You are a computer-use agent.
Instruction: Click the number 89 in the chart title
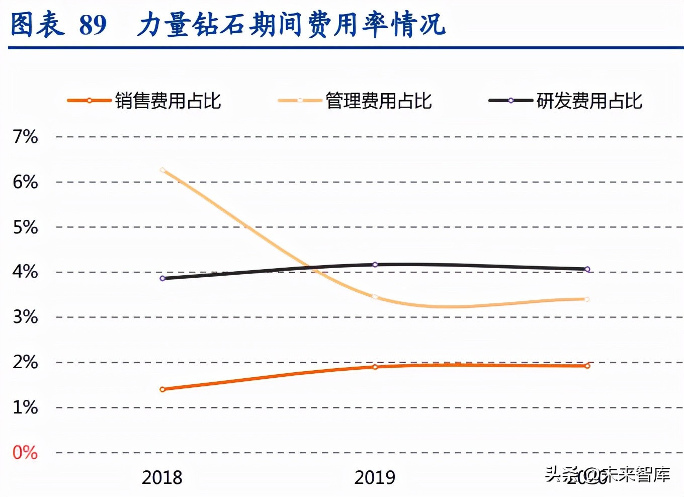[x=93, y=24]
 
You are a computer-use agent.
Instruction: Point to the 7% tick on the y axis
[x=25, y=136]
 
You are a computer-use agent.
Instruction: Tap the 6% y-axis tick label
[x=25, y=182]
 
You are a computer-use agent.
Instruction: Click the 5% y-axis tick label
[x=25, y=227]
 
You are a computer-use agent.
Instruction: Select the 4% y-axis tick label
[x=25, y=272]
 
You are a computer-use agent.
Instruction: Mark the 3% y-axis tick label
[x=25, y=317]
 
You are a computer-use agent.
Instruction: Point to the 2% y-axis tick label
[x=25, y=362]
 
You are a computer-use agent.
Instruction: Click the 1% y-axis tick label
[x=25, y=407]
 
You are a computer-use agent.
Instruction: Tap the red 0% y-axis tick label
[x=25, y=452]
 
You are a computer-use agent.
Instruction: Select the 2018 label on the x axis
[x=162, y=477]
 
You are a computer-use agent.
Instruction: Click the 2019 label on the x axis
[x=375, y=477]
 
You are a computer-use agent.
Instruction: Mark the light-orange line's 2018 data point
[x=162, y=170]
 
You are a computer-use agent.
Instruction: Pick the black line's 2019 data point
[x=375, y=265]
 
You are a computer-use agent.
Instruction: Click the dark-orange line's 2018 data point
[x=162, y=389]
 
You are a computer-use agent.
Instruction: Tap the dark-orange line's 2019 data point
[x=375, y=367]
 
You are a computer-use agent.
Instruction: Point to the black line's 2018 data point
[x=162, y=278]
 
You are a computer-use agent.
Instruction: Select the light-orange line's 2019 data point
[x=375, y=297]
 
